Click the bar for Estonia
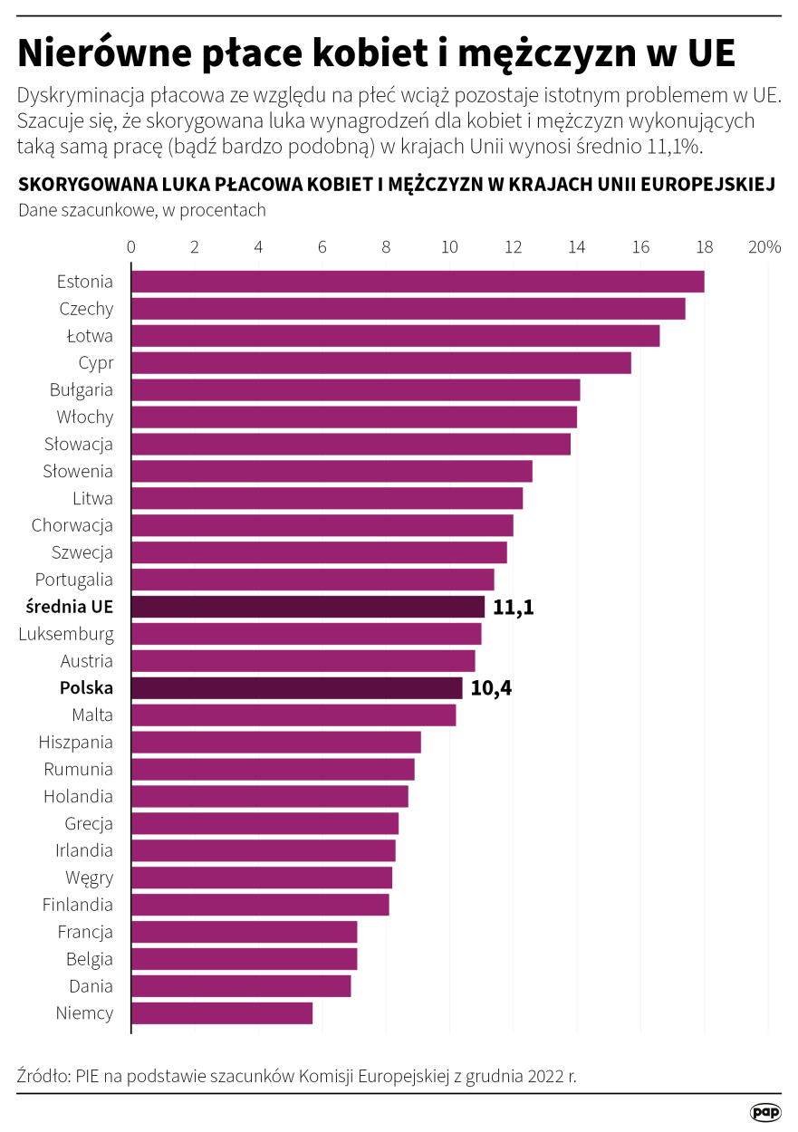click(x=417, y=282)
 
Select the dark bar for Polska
click(x=296, y=688)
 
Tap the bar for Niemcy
click(x=222, y=1013)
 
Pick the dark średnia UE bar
click(x=308, y=607)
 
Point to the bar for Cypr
click(x=380, y=363)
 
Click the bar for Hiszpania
click(x=276, y=743)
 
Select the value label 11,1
click(x=514, y=607)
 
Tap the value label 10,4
click(x=491, y=688)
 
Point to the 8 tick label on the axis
click(x=387, y=246)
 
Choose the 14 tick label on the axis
click(x=577, y=246)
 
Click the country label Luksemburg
click(x=66, y=634)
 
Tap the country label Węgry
click(x=89, y=878)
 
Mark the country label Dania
click(x=91, y=986)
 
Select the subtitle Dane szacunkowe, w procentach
click(x=141, y=210)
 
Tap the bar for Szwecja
click(x=319, y=552)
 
